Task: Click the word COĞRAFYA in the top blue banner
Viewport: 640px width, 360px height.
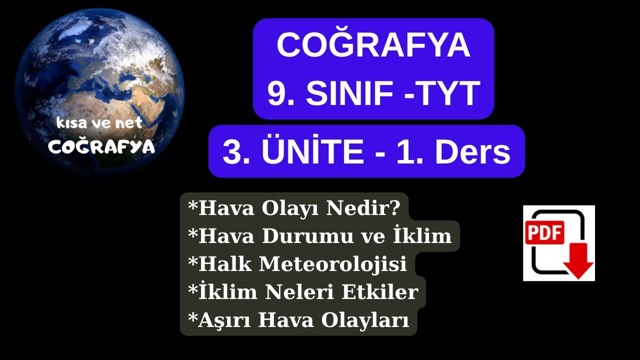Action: pos(373,45)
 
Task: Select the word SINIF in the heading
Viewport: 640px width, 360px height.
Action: pos(343,93)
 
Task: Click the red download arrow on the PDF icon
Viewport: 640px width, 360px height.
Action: pos(578,265)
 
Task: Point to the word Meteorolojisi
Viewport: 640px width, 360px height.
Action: pos(332,264)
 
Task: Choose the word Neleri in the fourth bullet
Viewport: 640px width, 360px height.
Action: pos(301,292)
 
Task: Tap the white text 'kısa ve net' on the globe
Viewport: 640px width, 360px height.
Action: pos(99,123)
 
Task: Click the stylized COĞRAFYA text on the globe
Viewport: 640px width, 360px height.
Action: pos(101,146)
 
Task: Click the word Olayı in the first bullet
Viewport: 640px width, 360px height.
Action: pos(292,207)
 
